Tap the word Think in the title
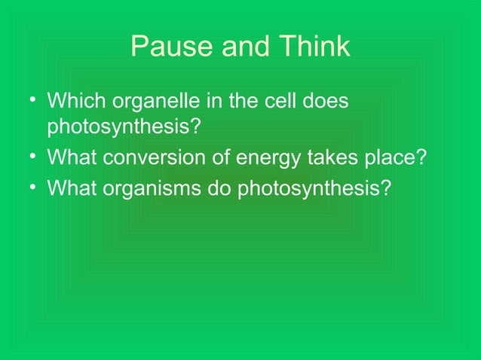(312, 47)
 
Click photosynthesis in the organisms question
(314, 187)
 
